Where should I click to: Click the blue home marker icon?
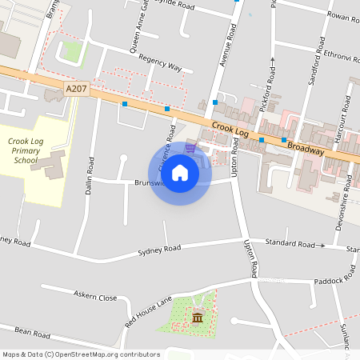coord(180,172)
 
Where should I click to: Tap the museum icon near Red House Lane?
coord(197,319)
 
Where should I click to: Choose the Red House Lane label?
coord(149,312)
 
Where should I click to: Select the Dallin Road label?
coord(91,175)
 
